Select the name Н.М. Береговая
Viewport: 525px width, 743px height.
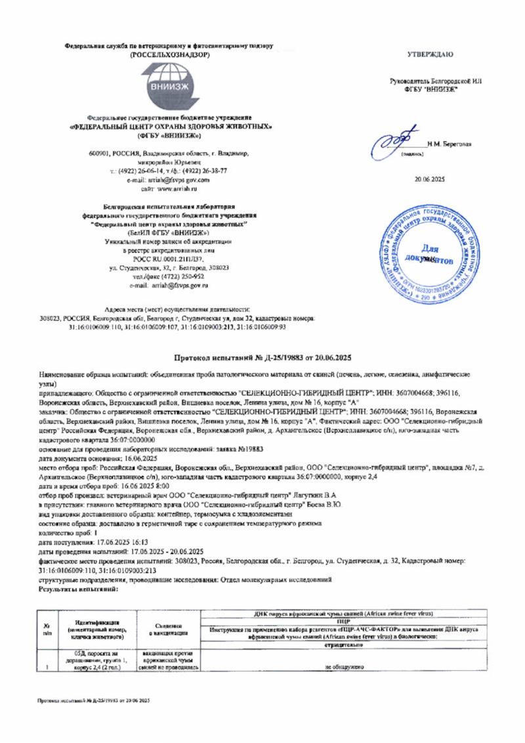[x=449, y=144]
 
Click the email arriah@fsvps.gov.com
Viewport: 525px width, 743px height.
[x=167, y=179]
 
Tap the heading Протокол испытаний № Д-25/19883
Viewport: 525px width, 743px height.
[x=262, y=358]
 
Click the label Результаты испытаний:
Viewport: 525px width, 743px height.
[x=78, y=589]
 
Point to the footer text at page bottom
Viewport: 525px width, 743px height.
[x=94, y=701]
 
